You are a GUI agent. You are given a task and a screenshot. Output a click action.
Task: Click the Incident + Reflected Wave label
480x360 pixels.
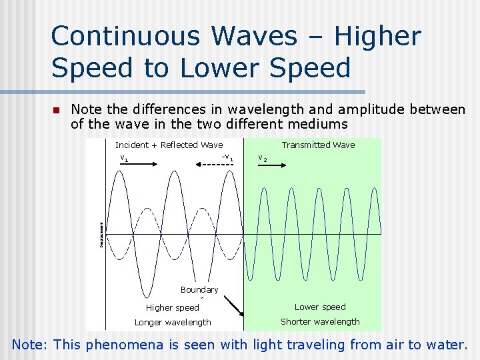[169, 145]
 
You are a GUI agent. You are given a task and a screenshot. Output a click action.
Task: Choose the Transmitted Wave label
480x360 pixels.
[318, 145]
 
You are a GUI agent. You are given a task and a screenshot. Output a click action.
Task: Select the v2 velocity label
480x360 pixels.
[263, 159]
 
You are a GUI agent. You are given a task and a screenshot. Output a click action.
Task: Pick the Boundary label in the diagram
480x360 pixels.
[199, 290]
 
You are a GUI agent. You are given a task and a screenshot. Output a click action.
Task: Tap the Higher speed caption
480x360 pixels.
[172, 308]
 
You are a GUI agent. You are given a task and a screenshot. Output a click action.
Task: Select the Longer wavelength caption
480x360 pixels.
[173, 323]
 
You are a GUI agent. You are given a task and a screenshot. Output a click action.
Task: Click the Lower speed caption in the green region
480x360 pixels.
[320, 307]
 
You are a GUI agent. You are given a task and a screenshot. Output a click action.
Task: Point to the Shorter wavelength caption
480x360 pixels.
[320, 322]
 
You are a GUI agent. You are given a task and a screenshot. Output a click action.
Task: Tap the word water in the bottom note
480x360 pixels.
[446, 345]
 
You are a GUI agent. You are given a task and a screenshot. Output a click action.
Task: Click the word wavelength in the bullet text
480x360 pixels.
[268, 109]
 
